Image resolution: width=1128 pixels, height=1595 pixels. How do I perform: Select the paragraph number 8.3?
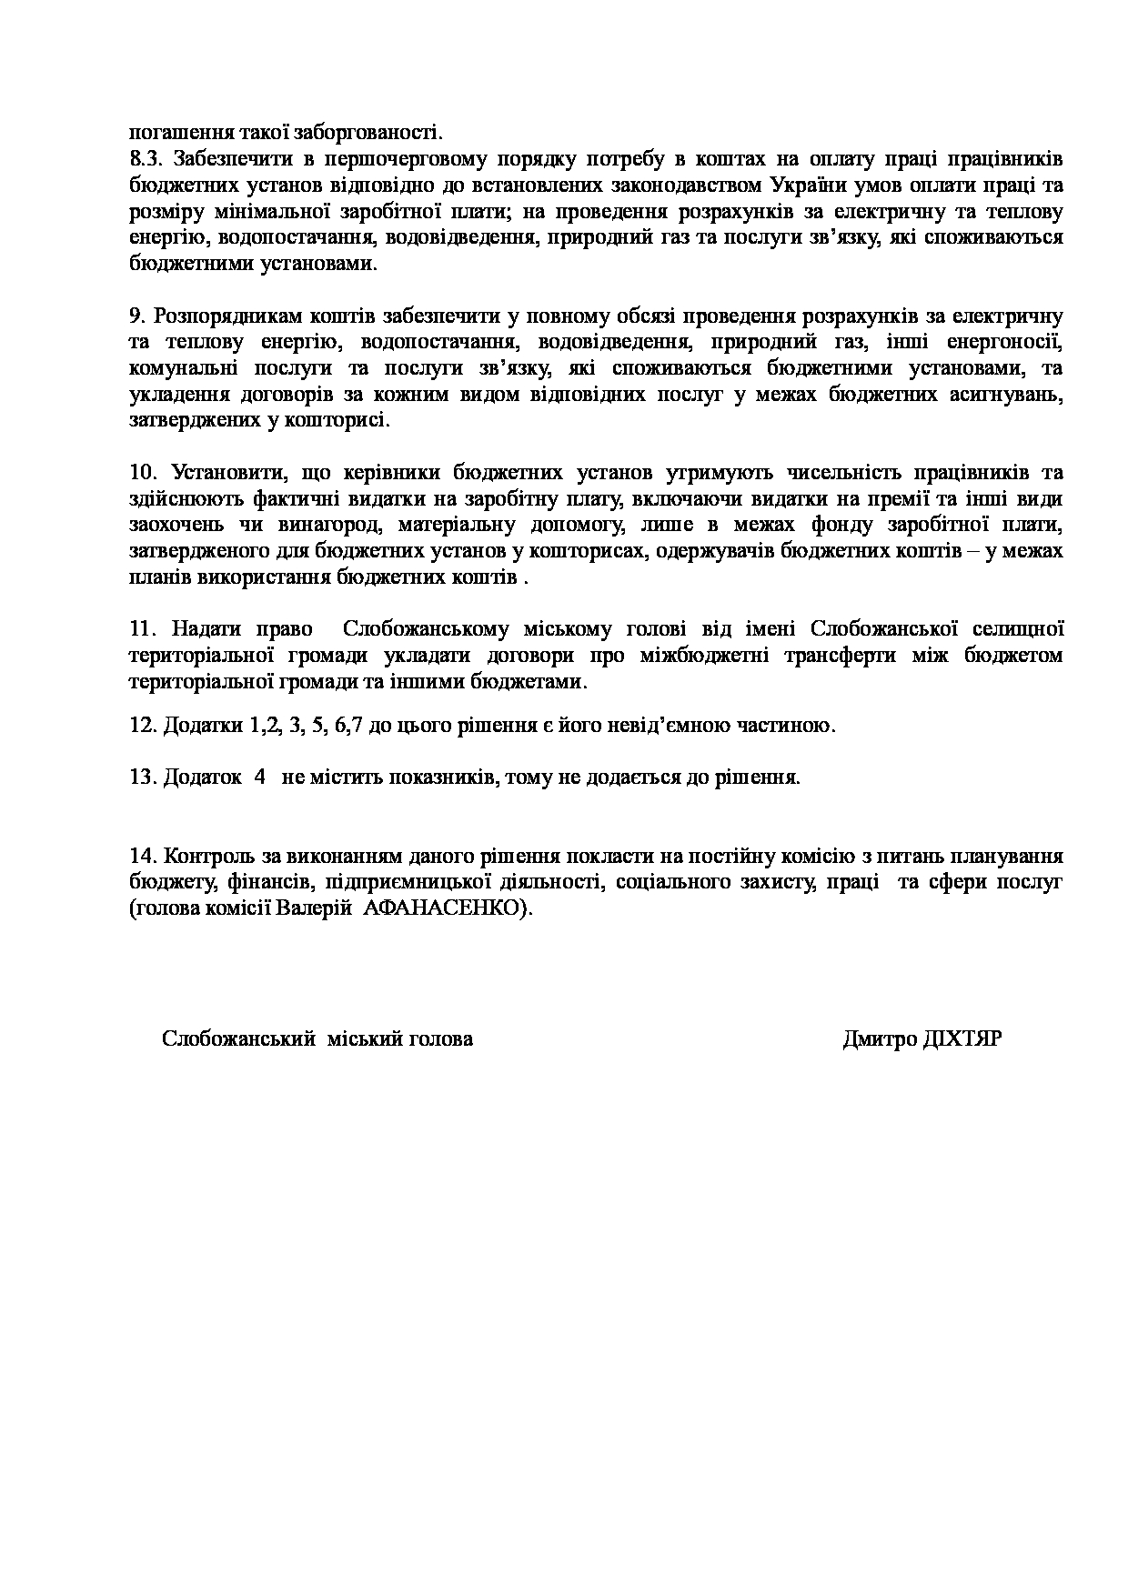(145, 160)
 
